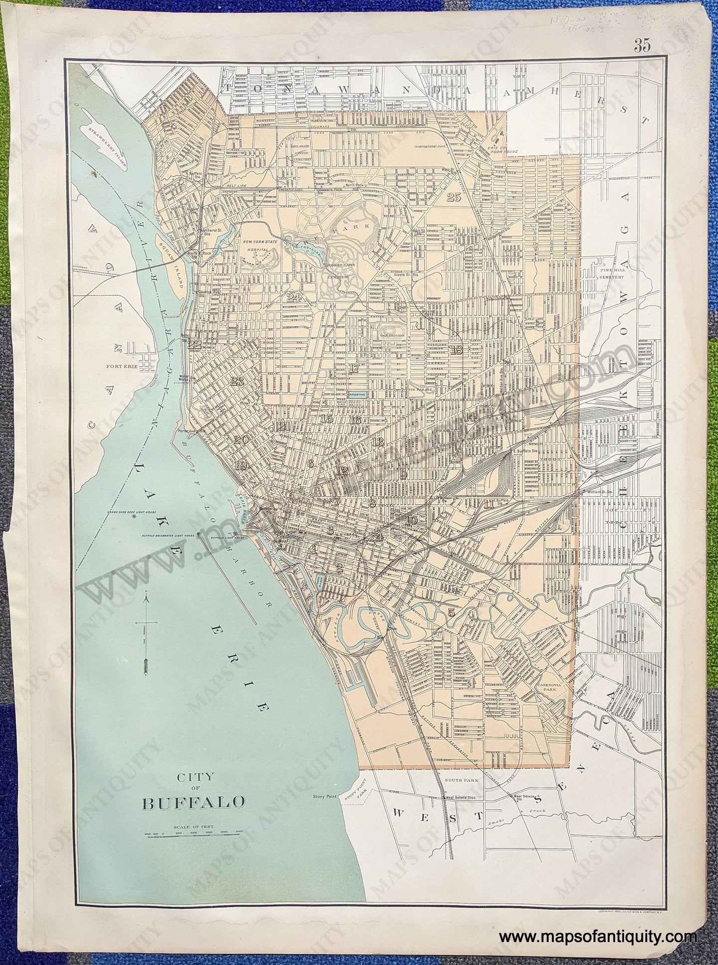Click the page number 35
(x=643, y=46)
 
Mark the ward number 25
(x=453, y=197)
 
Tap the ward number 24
(x=294, y=298)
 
